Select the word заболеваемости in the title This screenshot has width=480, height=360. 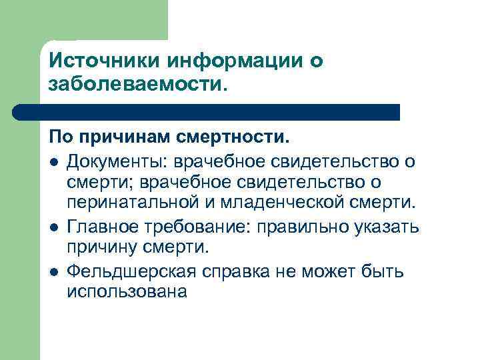coord(135,85)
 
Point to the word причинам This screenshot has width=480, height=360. coord(125,139)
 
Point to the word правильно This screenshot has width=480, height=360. coord(309,226)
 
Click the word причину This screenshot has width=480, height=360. coord(103,247)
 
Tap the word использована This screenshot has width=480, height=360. coord(127,291)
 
